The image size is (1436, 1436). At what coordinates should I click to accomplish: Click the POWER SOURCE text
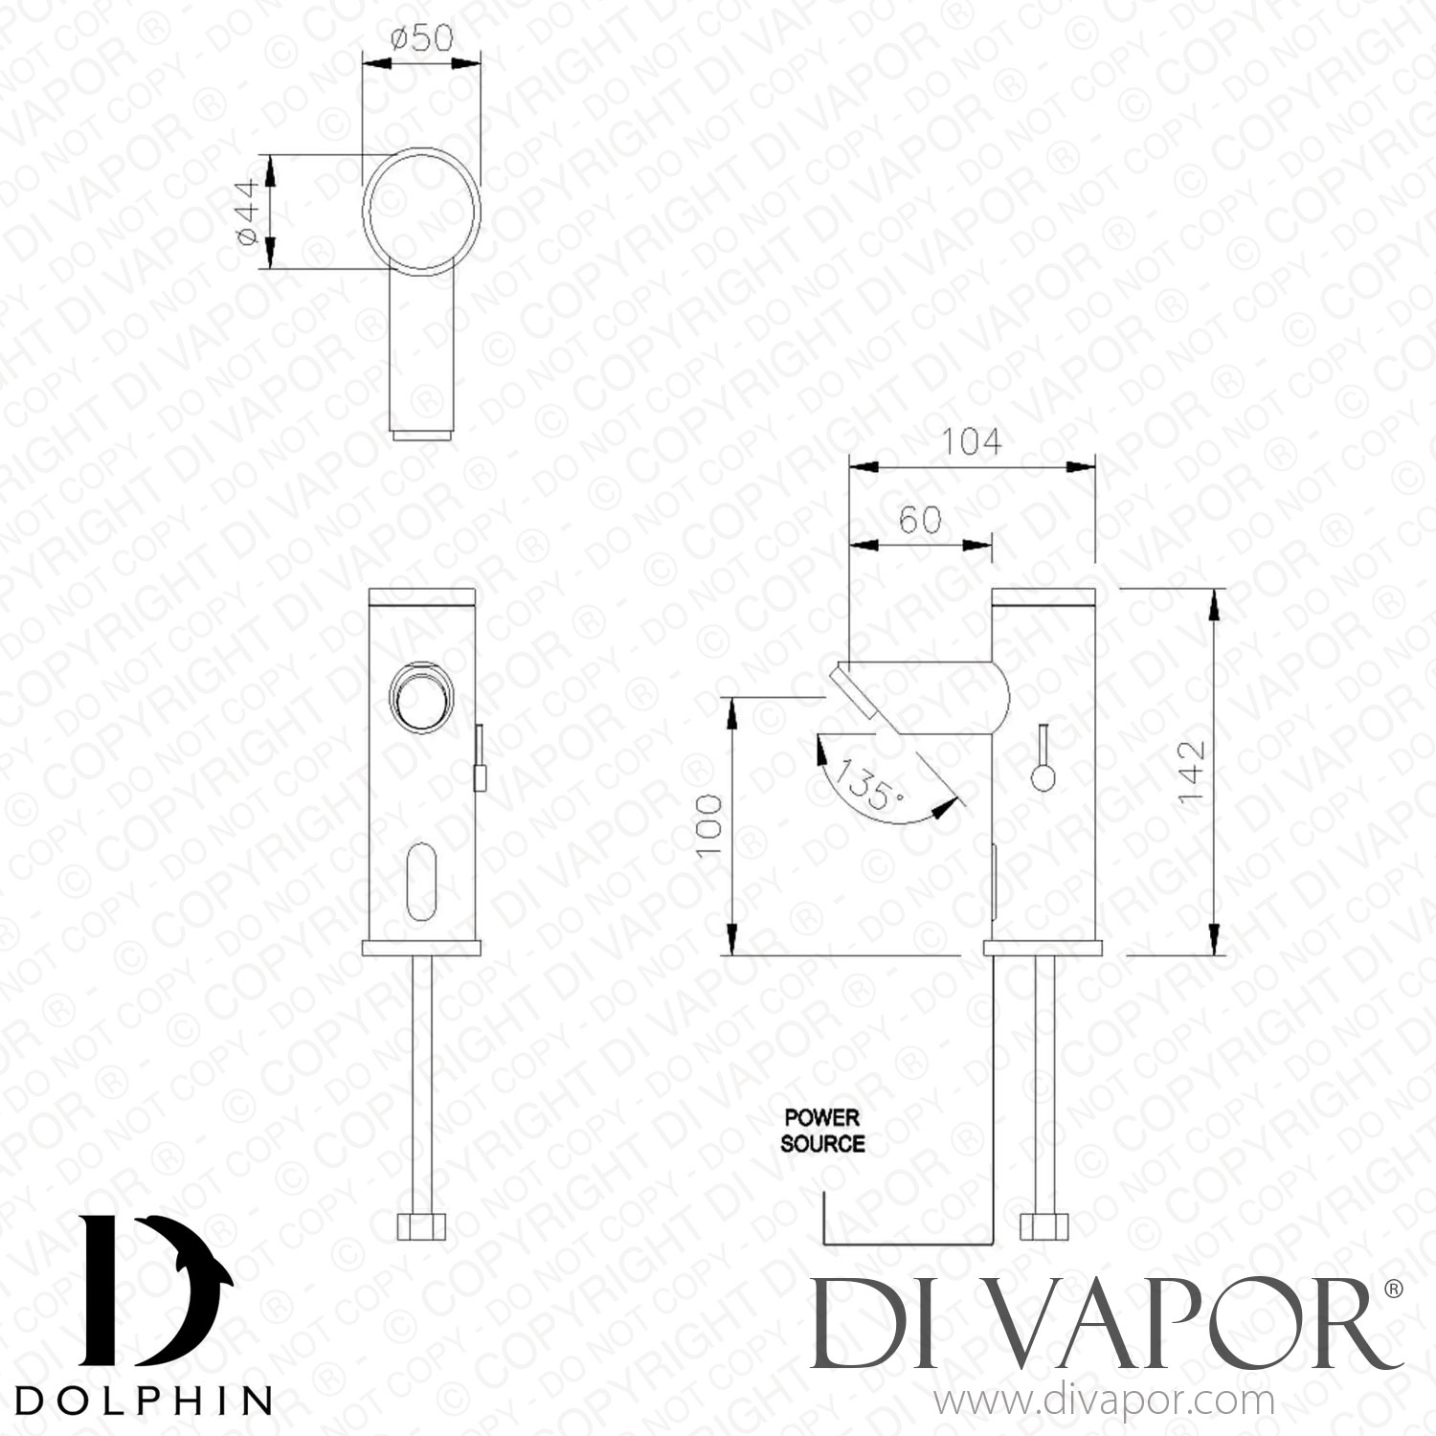(x=822, y=1131)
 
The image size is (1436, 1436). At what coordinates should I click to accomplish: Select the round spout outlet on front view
(x=415, y=696)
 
